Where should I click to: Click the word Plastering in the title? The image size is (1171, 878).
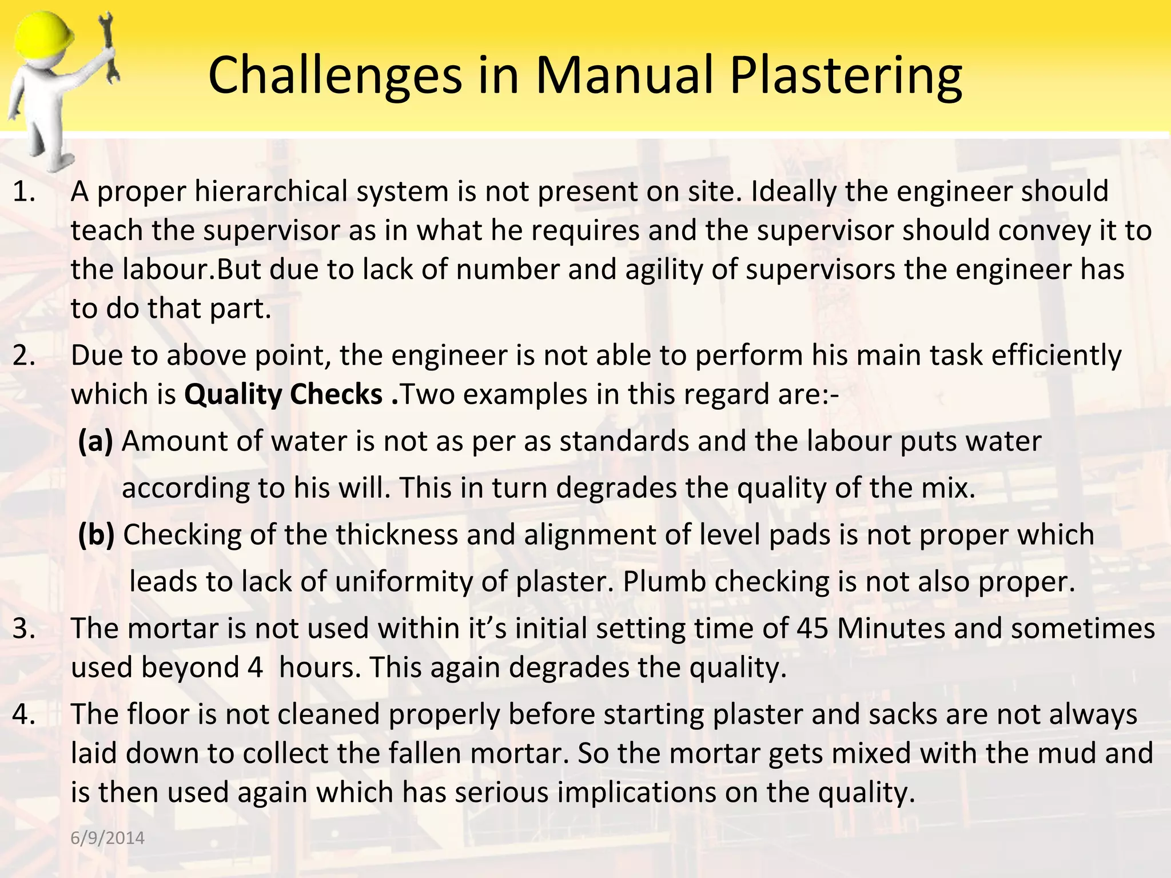(x=846, y=76)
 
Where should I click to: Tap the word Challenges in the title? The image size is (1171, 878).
(x=334, y=76)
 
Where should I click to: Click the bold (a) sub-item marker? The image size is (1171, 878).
(x=95, y=441)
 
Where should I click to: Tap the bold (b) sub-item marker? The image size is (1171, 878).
(x=96, y=535)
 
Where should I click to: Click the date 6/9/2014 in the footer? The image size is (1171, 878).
(x=107, y=838)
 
